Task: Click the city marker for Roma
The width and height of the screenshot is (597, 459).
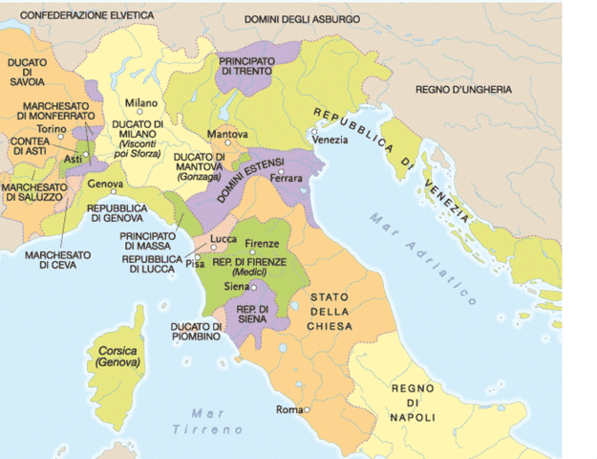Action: pyautogui.click(x=308, y=410)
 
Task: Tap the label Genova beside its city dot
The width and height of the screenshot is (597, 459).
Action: pyautogui.click(x=105, y=183)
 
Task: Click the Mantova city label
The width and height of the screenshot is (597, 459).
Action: pyautogui.click(x=227, y=134)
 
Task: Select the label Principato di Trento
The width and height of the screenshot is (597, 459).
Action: pyautogui.click(x=246, y=67)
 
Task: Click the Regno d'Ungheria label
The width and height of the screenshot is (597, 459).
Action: pyautogui.click(x=463, y=89)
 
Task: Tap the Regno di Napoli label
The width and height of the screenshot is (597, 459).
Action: pyautogui.click(x=413, y=403)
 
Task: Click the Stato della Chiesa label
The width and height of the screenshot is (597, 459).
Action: pyautogui.click(x=330, y=312)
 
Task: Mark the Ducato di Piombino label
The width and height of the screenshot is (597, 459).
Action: pyautogui.click(x=196, y=331)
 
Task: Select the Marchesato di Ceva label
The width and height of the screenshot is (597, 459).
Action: pyautogui.click(x=57, y=259)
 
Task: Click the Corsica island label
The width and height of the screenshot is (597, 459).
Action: pyautogui.click(x=117, y=357)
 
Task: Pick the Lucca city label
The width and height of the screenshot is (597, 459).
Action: pyautogui.click(x=224, y=239)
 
